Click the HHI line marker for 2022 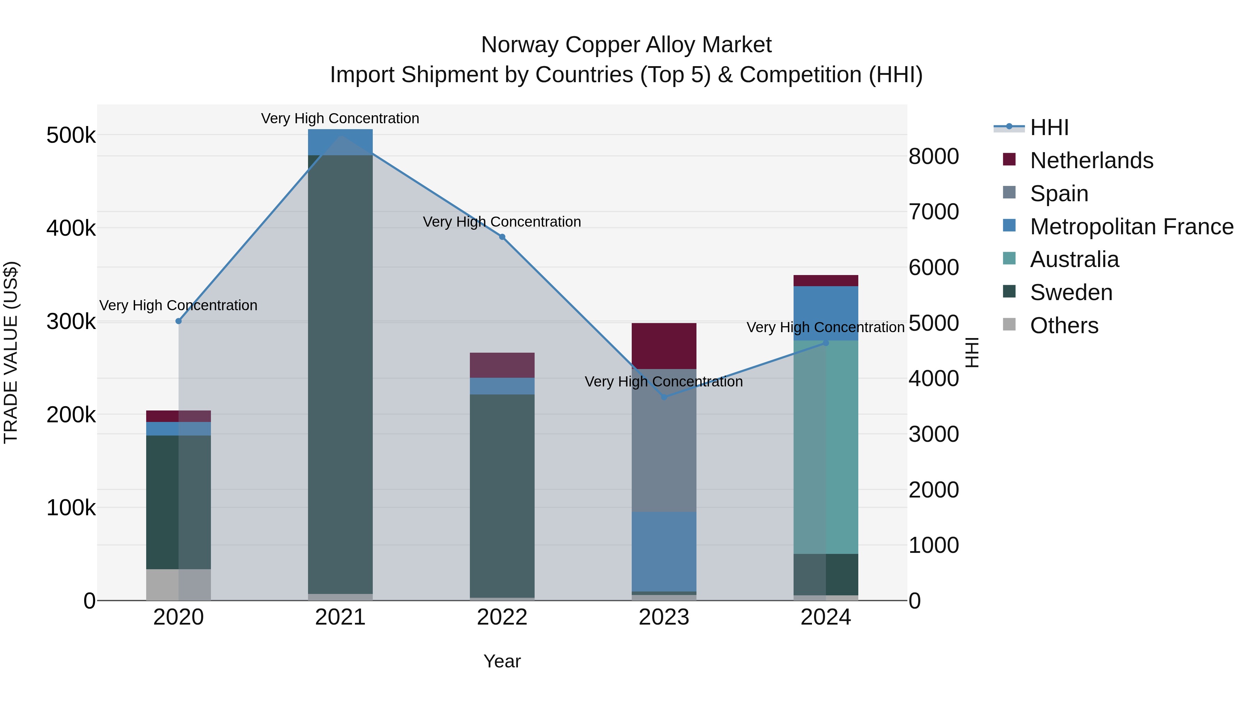(x=502, y=237)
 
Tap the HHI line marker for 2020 (x=179, y=321)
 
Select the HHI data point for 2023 (x=664, y=397)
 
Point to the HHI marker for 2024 (x=826, y=343)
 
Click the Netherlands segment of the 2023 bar (x=664, y=346)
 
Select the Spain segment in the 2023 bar (x=664, y=440)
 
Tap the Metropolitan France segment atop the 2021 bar (x=340, y=142)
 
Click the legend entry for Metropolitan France (x=1132, y=227)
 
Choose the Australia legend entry (x=1074, y=259)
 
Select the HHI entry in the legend (x=1049, y=127)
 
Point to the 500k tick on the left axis (x=71, y=135)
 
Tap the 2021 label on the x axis (x=340, y=617)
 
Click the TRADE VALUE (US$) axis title (x=11, y=352)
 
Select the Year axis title (x=502, y=661)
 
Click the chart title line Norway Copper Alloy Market (x=626, y=45)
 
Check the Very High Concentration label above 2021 (x=340, y=118)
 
